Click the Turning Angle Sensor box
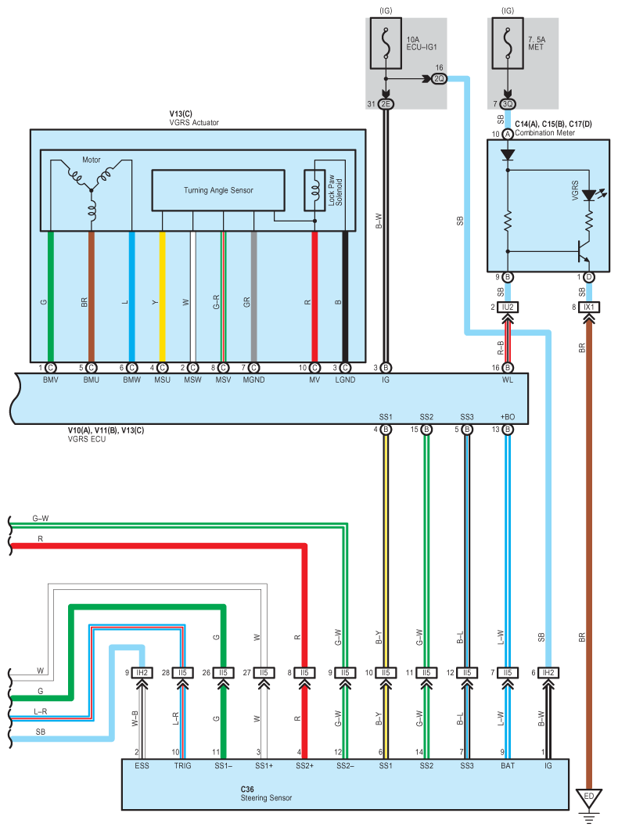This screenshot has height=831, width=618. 218,190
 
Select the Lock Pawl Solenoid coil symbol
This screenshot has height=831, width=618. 314,190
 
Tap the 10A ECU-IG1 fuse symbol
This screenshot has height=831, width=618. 386,44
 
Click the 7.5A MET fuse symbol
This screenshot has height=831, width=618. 508,44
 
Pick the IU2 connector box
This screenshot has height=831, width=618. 508,307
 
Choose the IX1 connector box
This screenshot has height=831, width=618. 589,307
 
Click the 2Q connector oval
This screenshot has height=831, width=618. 440,79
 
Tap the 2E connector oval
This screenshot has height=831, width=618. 386,104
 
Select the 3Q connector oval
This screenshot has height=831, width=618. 508,104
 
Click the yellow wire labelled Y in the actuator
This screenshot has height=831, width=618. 162,297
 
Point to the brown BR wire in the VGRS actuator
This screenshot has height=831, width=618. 92,297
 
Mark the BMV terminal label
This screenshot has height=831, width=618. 50,380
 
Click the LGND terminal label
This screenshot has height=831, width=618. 345,380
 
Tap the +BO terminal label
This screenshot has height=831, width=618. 508,416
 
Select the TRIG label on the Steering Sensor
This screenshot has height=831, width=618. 182,765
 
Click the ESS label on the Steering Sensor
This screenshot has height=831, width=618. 142,765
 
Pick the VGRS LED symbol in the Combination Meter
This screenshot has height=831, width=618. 590,196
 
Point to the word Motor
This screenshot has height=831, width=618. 92,160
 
